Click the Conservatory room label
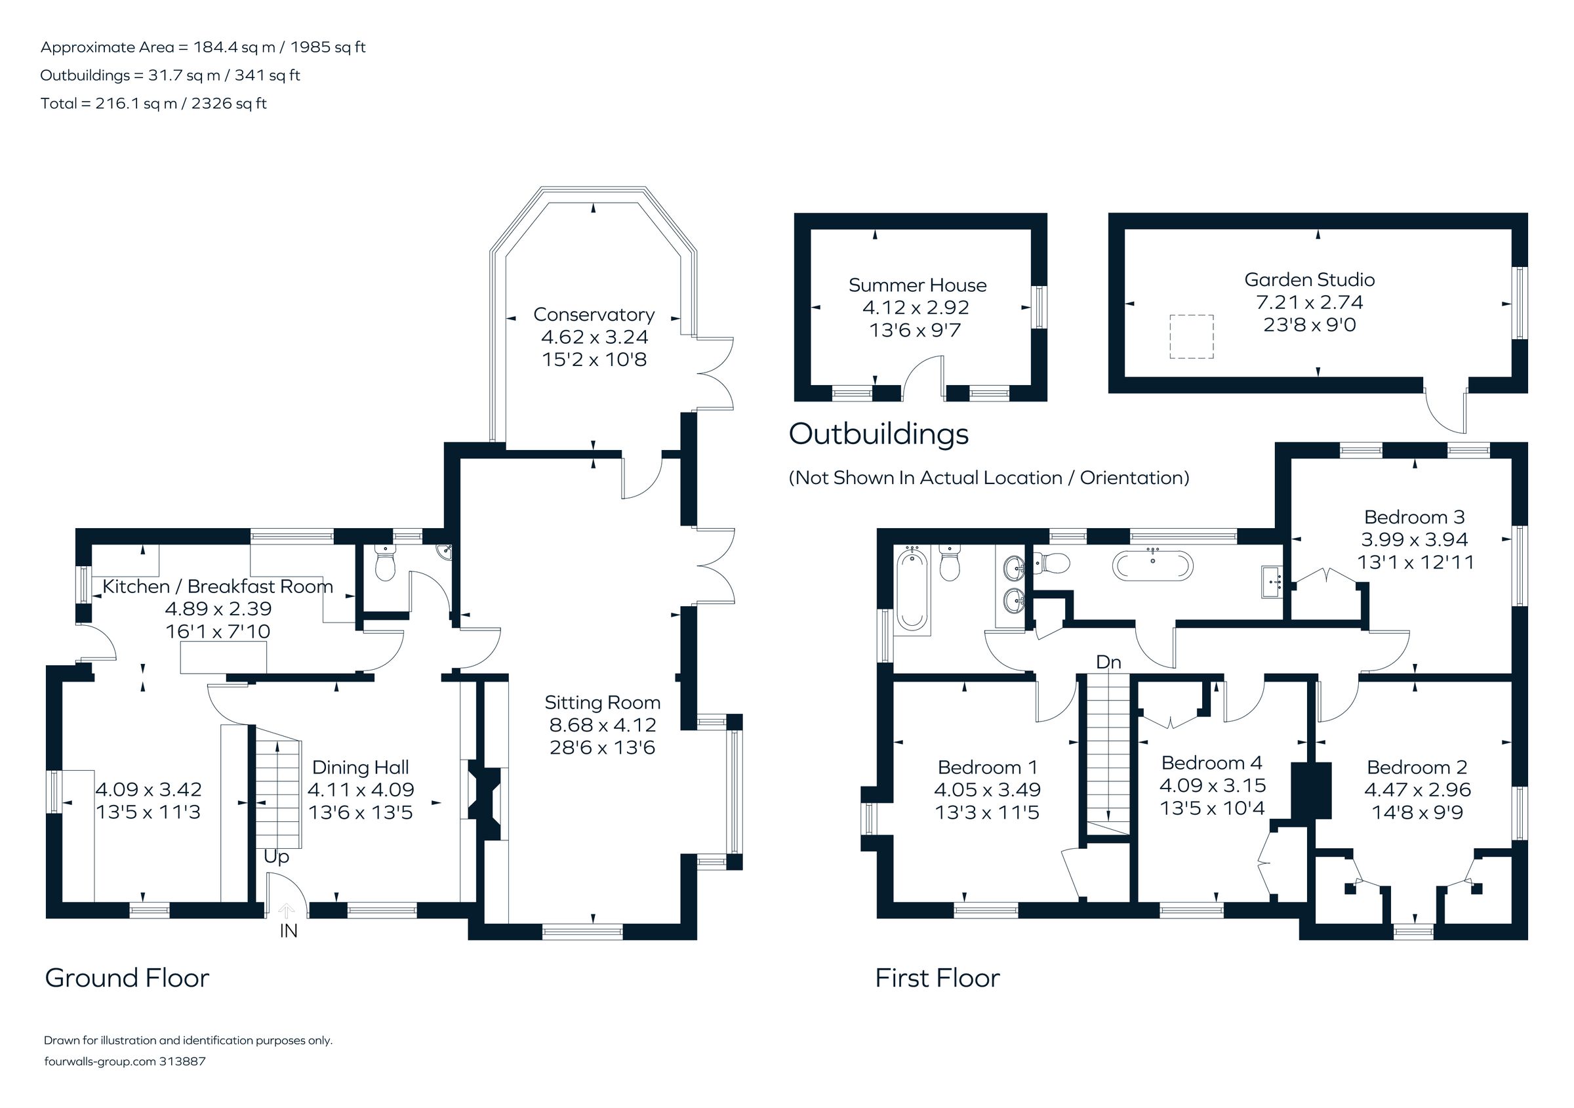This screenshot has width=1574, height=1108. pyautogui.click(x=594, y=315)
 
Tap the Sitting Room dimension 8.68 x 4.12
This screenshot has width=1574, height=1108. pyautogui.click(x=602, y=725)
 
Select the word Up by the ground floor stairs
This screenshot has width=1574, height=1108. pyautogui.click(x=276, y=857)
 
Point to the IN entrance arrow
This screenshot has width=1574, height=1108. pyautogui.click(x=287, y=911)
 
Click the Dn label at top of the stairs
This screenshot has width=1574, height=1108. pyautogui.click(x=1108, y=663)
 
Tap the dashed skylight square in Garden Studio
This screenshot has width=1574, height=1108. pyautogui.click(x=1191, y=337)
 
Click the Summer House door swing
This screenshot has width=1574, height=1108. pyautogui.click(x=921, y=377)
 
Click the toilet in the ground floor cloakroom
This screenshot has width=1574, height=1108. pyautogui.click(x=385, y=565)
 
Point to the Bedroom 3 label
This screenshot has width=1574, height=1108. pyautogui.click(x=1413, y=517)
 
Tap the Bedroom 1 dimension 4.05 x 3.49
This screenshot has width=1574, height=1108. pyautogui.click(x=986, y=790)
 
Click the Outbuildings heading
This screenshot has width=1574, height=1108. pyautogui.click(x=878, y=434)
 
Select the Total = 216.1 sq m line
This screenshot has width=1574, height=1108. pyautogui.click(x=153, y=104)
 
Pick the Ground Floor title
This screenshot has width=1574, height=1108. pyautogui.click(x=127, y=977)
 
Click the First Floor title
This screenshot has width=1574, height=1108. pyautogui.click(x=937, y=977)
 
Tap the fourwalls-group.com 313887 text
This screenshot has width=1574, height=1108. pyautogui.click(x=125, y=1061)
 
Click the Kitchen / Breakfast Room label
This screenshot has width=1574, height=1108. pyautogui.click(x=217, y=587)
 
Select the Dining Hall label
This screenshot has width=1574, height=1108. pyautogui.click(x=361, y=768)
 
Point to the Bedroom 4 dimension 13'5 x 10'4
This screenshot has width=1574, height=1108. pyautogui.click(x=1211, y=808)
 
